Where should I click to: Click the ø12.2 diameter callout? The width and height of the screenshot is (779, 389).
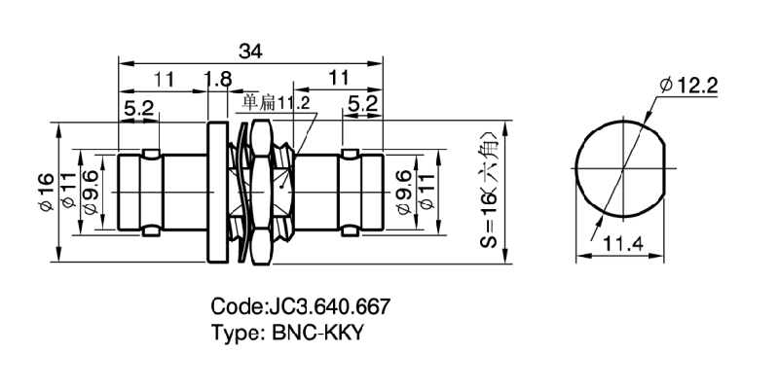(x=688, y=87)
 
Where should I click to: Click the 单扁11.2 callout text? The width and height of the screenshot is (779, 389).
(x=275, y=102)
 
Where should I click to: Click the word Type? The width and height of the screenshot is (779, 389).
(x=234, y=332)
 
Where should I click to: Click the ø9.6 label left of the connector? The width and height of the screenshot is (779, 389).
(x=91, y=192)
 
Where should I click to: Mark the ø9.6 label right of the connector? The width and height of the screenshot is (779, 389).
(x=404, y=192)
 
